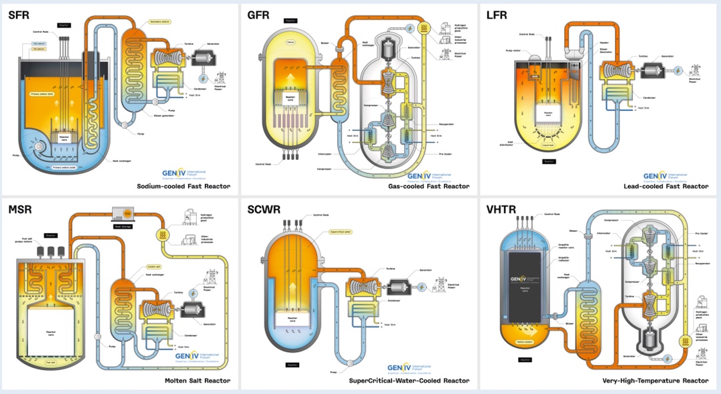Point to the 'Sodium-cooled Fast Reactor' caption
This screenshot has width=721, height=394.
[x=183, y=187]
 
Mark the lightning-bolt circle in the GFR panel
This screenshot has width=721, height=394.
[x=407, y=28]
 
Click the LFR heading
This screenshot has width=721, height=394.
[x=500, y=15]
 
